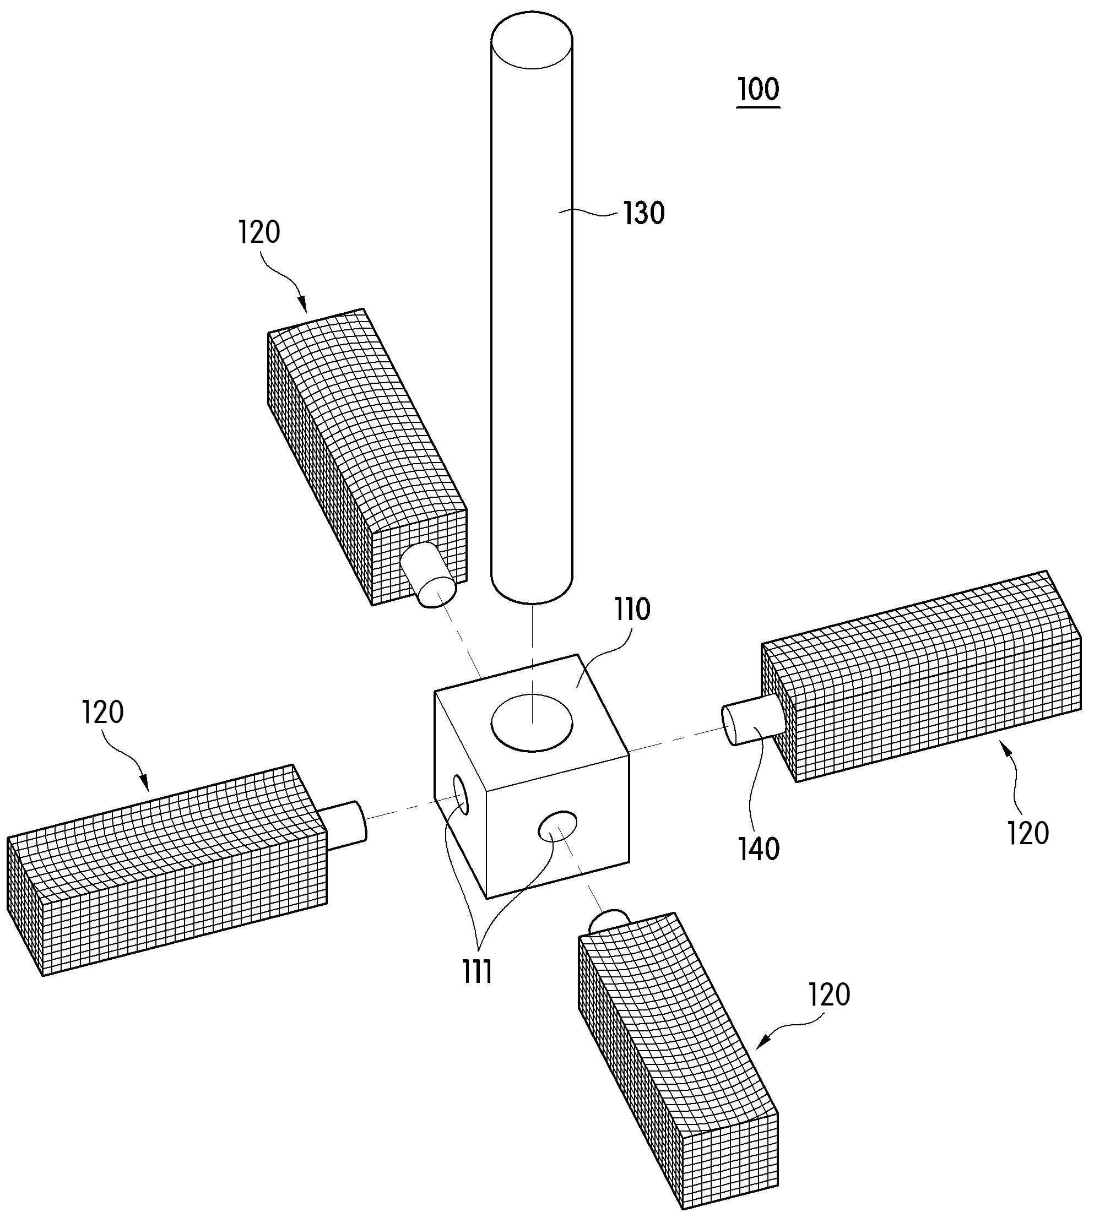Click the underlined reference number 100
point(758,89)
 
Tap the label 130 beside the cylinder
point(643,213)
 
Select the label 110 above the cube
point(632,610)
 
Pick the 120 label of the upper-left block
point(259,232)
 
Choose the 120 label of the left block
point(103,712)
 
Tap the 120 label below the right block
point(1028,834)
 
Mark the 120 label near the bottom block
point(829,994)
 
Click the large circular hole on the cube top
point(532,722)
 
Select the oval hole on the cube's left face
point(461,795)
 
